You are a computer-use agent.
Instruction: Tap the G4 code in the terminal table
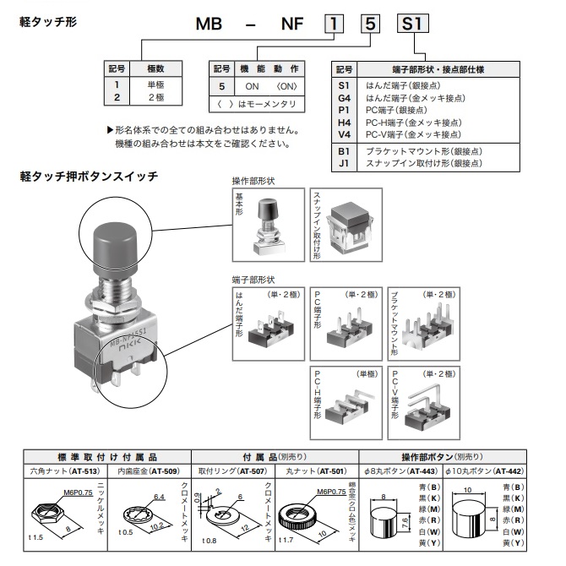point(343,98)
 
